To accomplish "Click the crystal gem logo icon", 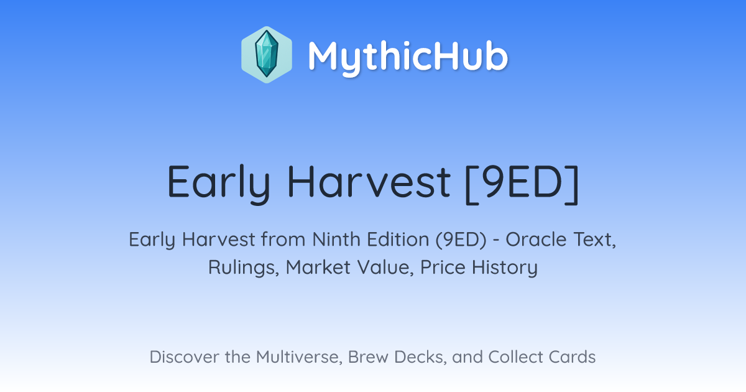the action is point(267,55).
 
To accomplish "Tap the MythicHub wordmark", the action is point(408,57).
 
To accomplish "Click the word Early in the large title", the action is point(218,184).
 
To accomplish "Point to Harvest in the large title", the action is point(369,182).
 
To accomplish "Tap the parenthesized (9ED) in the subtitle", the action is point(461,240).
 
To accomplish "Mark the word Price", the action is point(443,267).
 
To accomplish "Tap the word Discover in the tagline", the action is point(184,357).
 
